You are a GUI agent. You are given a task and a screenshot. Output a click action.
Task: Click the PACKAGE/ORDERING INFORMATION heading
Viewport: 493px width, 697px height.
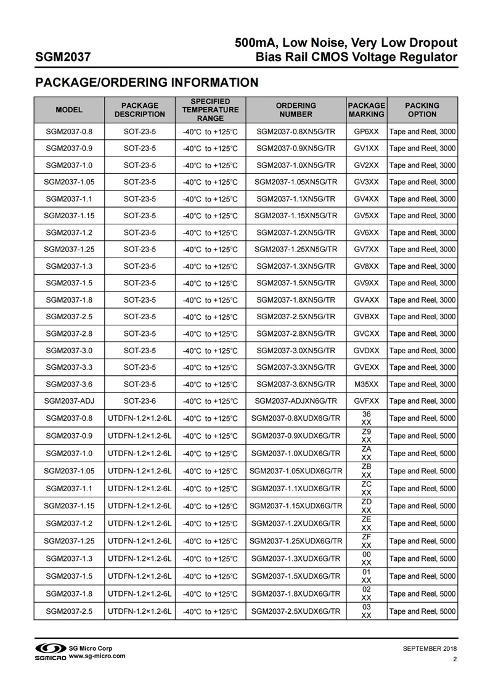coord(146,83)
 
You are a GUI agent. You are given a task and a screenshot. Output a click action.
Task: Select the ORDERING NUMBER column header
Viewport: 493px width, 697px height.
coord(296,110)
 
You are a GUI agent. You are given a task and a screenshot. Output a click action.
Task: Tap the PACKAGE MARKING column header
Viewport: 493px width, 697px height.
coord(366,110)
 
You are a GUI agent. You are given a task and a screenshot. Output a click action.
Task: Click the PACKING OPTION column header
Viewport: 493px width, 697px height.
coord(422,110)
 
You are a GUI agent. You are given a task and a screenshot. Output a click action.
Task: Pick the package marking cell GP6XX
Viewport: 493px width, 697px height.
coord(366,132)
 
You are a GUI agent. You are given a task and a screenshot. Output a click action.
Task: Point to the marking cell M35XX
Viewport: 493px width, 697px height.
coord(366,384)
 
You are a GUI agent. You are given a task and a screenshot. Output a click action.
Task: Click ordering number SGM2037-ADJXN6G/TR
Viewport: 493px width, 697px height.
coord(296,401)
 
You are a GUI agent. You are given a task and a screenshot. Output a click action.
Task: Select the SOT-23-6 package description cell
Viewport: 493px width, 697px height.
coord(140,401)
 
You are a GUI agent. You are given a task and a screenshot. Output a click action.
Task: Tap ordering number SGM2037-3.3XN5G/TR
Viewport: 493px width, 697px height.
coord(296,367)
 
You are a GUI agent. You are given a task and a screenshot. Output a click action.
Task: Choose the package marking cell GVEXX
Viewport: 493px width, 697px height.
coord(366,367)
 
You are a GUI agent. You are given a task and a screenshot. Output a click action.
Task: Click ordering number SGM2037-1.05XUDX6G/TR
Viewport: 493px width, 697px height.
coord(296,471)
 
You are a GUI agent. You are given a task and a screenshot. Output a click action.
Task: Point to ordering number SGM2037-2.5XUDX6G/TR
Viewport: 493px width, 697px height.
coord(296,611)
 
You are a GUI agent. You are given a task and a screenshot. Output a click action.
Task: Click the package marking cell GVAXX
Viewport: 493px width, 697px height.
coord(366,300)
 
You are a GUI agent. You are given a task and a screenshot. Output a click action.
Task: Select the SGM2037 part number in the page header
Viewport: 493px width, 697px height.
coord(63,59)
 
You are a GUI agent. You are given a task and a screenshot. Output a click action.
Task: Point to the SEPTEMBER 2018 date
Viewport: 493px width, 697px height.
coord(430,649)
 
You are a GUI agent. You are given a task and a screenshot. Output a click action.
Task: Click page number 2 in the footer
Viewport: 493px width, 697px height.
coord(455,660)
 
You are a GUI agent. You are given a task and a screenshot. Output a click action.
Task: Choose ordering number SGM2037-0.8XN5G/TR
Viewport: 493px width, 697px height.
coord(296,132)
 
